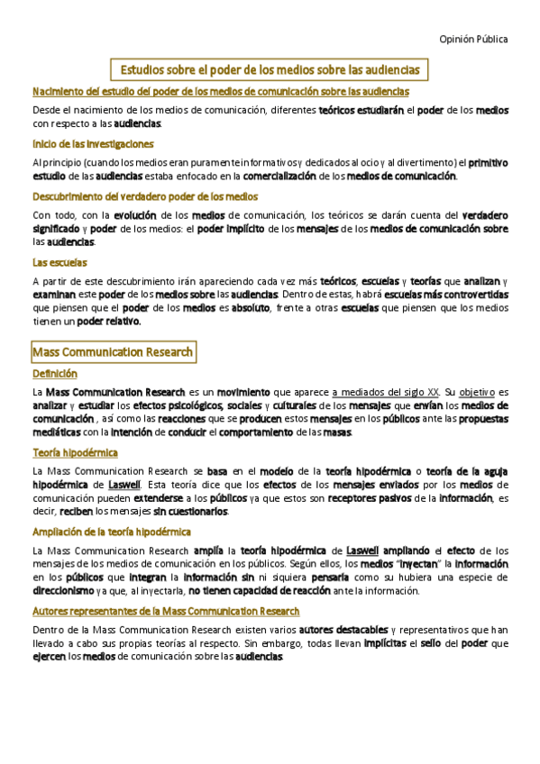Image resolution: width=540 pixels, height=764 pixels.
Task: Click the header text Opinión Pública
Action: tap(473, 39)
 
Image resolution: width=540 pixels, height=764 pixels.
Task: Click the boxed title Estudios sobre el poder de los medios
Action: tap(270, 69)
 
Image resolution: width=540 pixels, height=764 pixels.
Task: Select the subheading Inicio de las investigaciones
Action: tap(93, 144)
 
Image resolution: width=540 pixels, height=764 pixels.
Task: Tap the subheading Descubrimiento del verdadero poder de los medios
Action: tap(145, 196)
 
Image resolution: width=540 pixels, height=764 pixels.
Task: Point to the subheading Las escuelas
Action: tap(59, 262)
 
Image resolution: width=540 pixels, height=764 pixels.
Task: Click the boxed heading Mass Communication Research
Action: tap(113, 351)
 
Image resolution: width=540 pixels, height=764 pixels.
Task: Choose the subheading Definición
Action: tap(55, 373)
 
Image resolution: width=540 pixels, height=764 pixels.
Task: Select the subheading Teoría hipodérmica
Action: tap(75, 452)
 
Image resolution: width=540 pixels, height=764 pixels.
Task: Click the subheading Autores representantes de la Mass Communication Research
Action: tap(166, 611)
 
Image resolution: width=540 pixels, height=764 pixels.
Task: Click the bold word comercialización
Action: tap(269, 177)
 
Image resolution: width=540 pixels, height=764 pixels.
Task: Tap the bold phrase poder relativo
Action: tap(109, 321)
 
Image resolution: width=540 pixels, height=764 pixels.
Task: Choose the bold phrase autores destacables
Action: tap(343, 629)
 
